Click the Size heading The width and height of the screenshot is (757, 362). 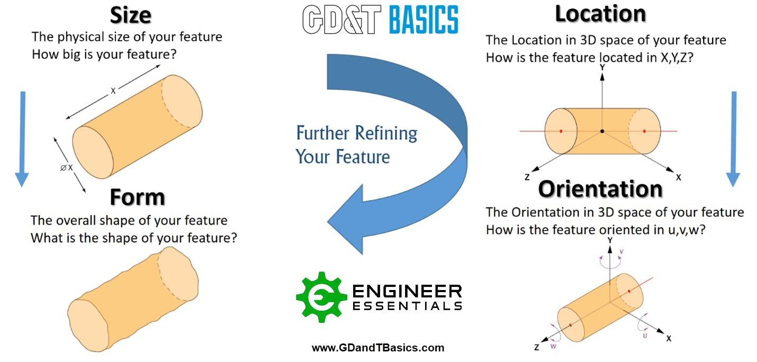[130, 15]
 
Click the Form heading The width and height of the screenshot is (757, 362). [137, 197]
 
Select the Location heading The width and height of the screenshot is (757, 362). [600, 14]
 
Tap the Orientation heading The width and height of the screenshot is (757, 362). [600, 189]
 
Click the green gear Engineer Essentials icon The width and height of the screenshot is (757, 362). [318, 297]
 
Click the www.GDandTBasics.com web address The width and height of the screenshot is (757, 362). [378, 348]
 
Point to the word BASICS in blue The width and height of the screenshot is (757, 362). [423, 20]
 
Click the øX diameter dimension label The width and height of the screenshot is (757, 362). [66, 168]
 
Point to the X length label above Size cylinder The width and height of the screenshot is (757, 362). [113, 91]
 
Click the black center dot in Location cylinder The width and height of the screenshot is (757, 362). [602, 131]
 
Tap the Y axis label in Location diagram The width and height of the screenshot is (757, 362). [602, 68]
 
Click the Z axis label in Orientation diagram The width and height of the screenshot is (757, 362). [537, 348]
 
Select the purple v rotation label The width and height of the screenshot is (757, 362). [621, 251]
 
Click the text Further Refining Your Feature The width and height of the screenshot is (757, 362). [356, 144]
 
